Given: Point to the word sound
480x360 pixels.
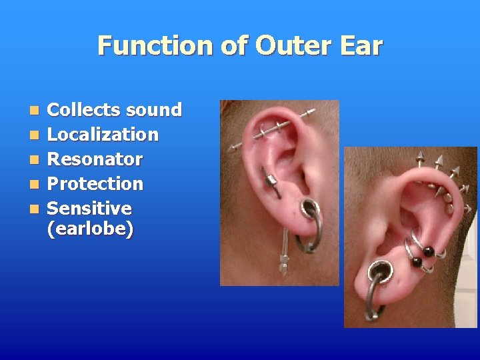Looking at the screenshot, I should [x=154, y=109].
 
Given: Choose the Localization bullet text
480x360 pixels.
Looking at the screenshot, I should [x=103, y=134].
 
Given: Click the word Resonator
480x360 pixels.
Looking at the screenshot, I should [x=95, y=159].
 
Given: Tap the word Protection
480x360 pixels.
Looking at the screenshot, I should [x=95, y=183].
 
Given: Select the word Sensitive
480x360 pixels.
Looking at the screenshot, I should [x=89, y=208].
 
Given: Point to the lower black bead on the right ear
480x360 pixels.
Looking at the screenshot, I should [x=416, y=262].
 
